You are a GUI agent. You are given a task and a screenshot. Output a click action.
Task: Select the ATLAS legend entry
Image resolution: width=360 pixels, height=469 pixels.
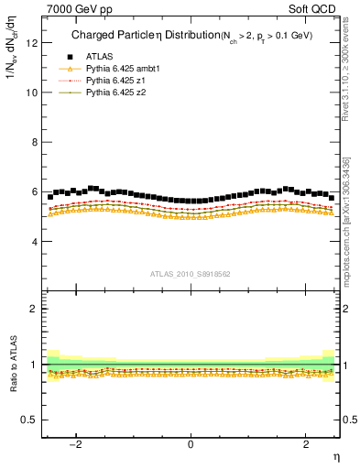(101, 58)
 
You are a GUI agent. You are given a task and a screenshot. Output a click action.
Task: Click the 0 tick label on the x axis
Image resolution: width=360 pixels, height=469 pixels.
(190, 444)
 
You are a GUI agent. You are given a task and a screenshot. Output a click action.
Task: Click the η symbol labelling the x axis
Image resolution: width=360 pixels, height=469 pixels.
(335, 457)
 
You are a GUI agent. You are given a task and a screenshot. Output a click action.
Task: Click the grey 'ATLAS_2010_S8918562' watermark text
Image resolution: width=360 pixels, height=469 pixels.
(190, 274)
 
